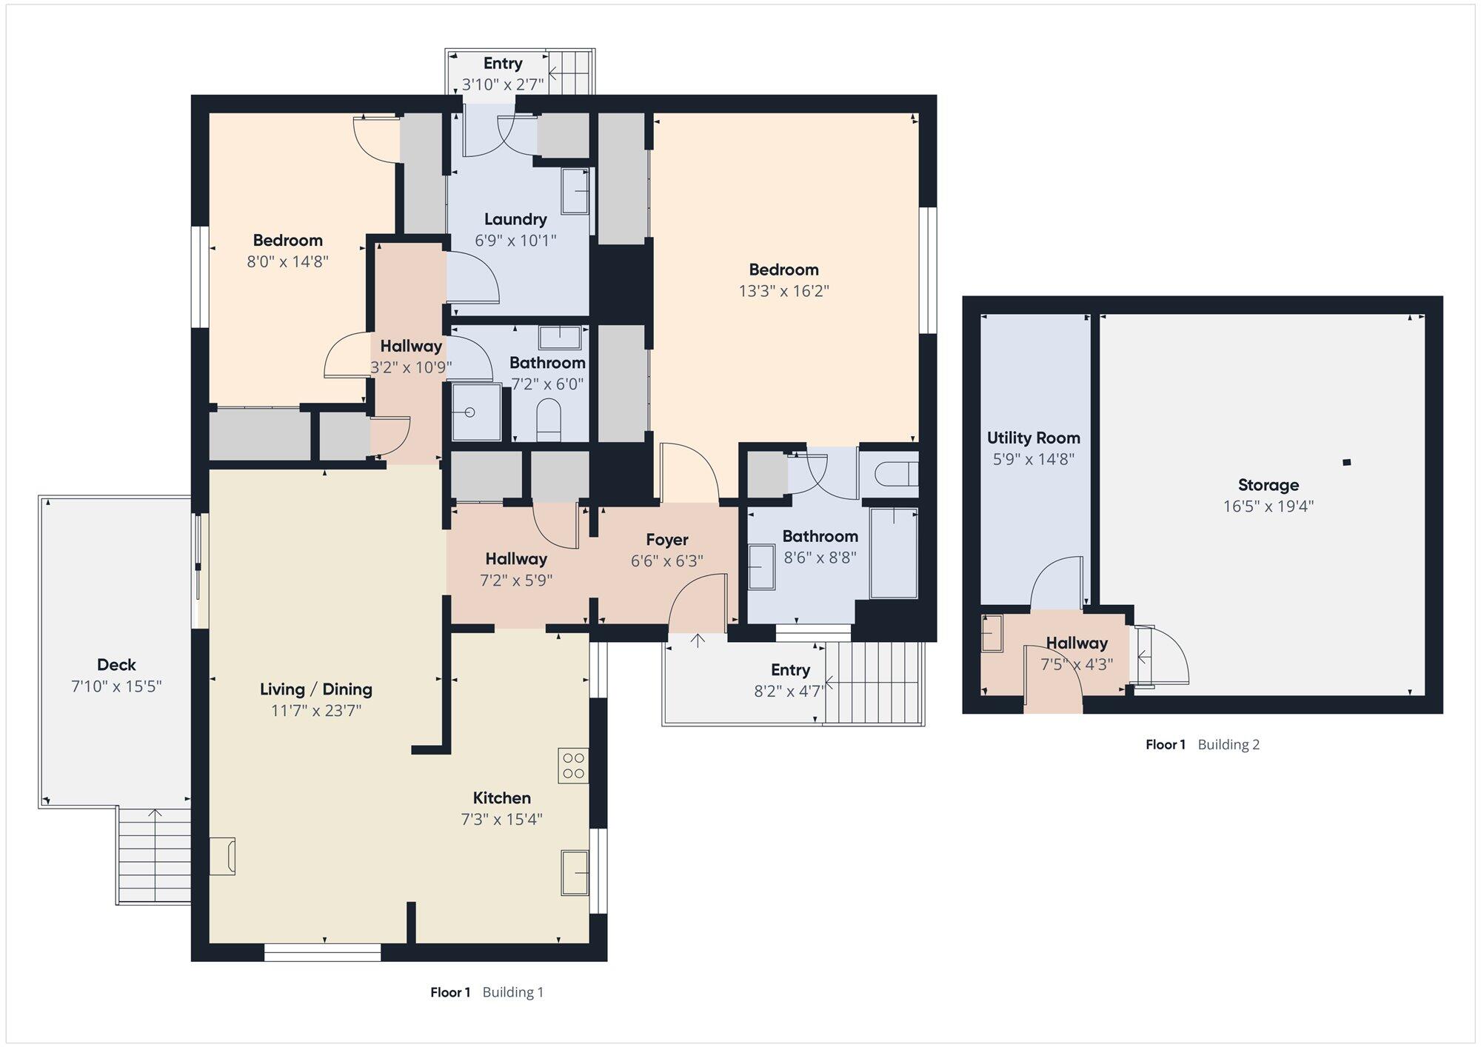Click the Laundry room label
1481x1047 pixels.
click(x=515, y=219)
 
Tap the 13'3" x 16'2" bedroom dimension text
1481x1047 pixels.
click(x=783, y=291)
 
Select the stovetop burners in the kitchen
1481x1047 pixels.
click(x=574, y=766)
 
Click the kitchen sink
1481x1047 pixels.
click(x=575, y=872)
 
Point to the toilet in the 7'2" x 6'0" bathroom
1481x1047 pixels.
click(x=549, y=416)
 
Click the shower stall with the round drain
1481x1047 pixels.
click(x=477, y=412)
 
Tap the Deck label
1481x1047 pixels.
click(x=116, y=665)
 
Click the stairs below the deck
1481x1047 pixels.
click(x=154, y=855)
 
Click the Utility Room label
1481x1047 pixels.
click(x=1033, y=438)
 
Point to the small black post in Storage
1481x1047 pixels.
click(x=1347, y=463)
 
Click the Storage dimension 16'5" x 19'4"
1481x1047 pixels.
click(x=1268, y=506)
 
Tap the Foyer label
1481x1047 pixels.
click(x=666, y=540)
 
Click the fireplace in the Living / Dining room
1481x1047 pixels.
click(x=223, y=856)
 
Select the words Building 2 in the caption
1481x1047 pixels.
click(x=1228, y=745)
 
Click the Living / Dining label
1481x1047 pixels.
click(x=316, y=689)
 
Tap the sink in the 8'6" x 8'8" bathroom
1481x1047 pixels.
click(x=762, y=567)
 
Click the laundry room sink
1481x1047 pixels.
click(x=575, y=191)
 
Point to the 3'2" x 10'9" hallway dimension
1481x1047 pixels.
click(x=411, y=367)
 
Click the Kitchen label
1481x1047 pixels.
click(x=502, y=798)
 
